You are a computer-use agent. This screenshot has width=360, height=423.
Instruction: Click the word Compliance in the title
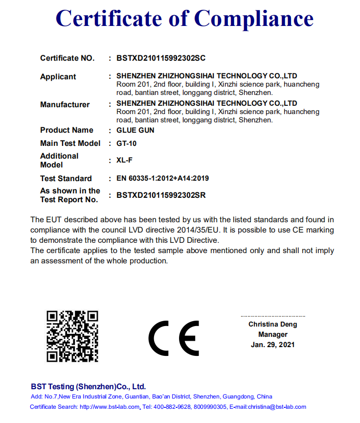tap(253, 19)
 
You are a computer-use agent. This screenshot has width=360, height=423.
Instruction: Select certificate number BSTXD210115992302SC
tap(161, 58)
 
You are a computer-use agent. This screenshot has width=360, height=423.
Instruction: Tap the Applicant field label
tap(58, 77)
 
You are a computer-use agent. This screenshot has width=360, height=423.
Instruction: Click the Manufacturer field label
tap(65, 105)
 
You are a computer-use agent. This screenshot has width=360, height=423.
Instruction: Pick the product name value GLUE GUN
tap(135, 130)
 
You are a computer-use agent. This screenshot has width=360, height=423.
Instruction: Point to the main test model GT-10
tap(127, 143)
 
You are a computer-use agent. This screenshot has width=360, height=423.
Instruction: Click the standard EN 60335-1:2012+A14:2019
tap(162, 179)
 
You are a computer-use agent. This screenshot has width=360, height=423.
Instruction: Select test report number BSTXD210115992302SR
tap(161, 195)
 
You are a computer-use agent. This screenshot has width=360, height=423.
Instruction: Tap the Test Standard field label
tap(66, 179)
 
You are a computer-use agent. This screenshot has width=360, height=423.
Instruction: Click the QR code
tap(72, 336)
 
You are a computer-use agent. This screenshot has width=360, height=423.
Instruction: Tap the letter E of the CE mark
tap(189, 338)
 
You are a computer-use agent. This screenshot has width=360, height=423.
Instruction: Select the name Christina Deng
tap(272, 325)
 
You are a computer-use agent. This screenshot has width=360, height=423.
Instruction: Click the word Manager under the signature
tap(273, 335)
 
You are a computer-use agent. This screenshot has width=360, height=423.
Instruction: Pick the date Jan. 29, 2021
tap(273, 345)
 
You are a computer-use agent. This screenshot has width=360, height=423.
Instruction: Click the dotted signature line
tap(273, 317)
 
